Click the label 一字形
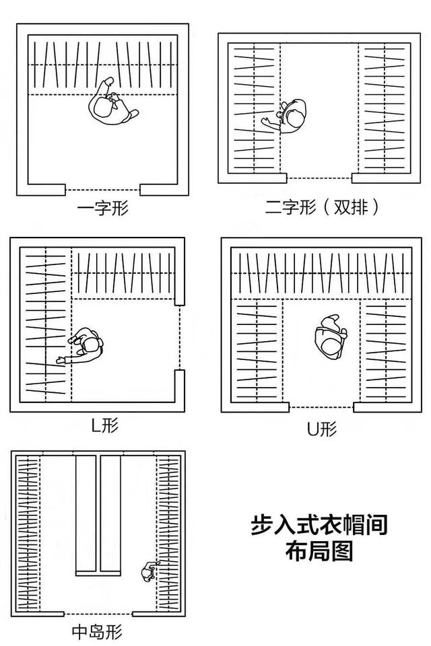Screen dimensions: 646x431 (102, 208)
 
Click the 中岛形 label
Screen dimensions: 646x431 (98, 632)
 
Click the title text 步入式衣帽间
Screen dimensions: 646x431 (319, 525)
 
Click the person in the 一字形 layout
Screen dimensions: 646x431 (111, 104)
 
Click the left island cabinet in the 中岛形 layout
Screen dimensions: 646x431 (86, 513)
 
